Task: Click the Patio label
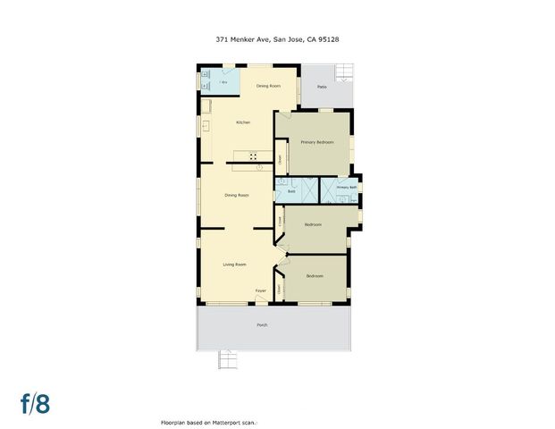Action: click(x=321, y=87)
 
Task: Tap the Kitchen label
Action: click(x=243, y=122)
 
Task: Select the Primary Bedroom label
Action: click(x=317, y=142)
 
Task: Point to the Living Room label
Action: click(x=234, y=265)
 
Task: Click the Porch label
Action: click(x=262, y=324)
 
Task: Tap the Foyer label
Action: click(x=261, y=291)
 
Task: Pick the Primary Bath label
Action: click(x=347, y=188)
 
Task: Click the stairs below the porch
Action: click(x=229, y=361)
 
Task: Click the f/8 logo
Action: click(x=36, y=403)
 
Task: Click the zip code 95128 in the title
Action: click(x=330, y=39)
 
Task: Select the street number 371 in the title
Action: click(x=222, y=39)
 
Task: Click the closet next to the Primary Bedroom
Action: click(x=279, y=160)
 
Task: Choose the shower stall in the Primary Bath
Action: click(x=329, y=192)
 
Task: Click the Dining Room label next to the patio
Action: click(x=268, y=86)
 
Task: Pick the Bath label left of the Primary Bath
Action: click(x=291, y=192)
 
